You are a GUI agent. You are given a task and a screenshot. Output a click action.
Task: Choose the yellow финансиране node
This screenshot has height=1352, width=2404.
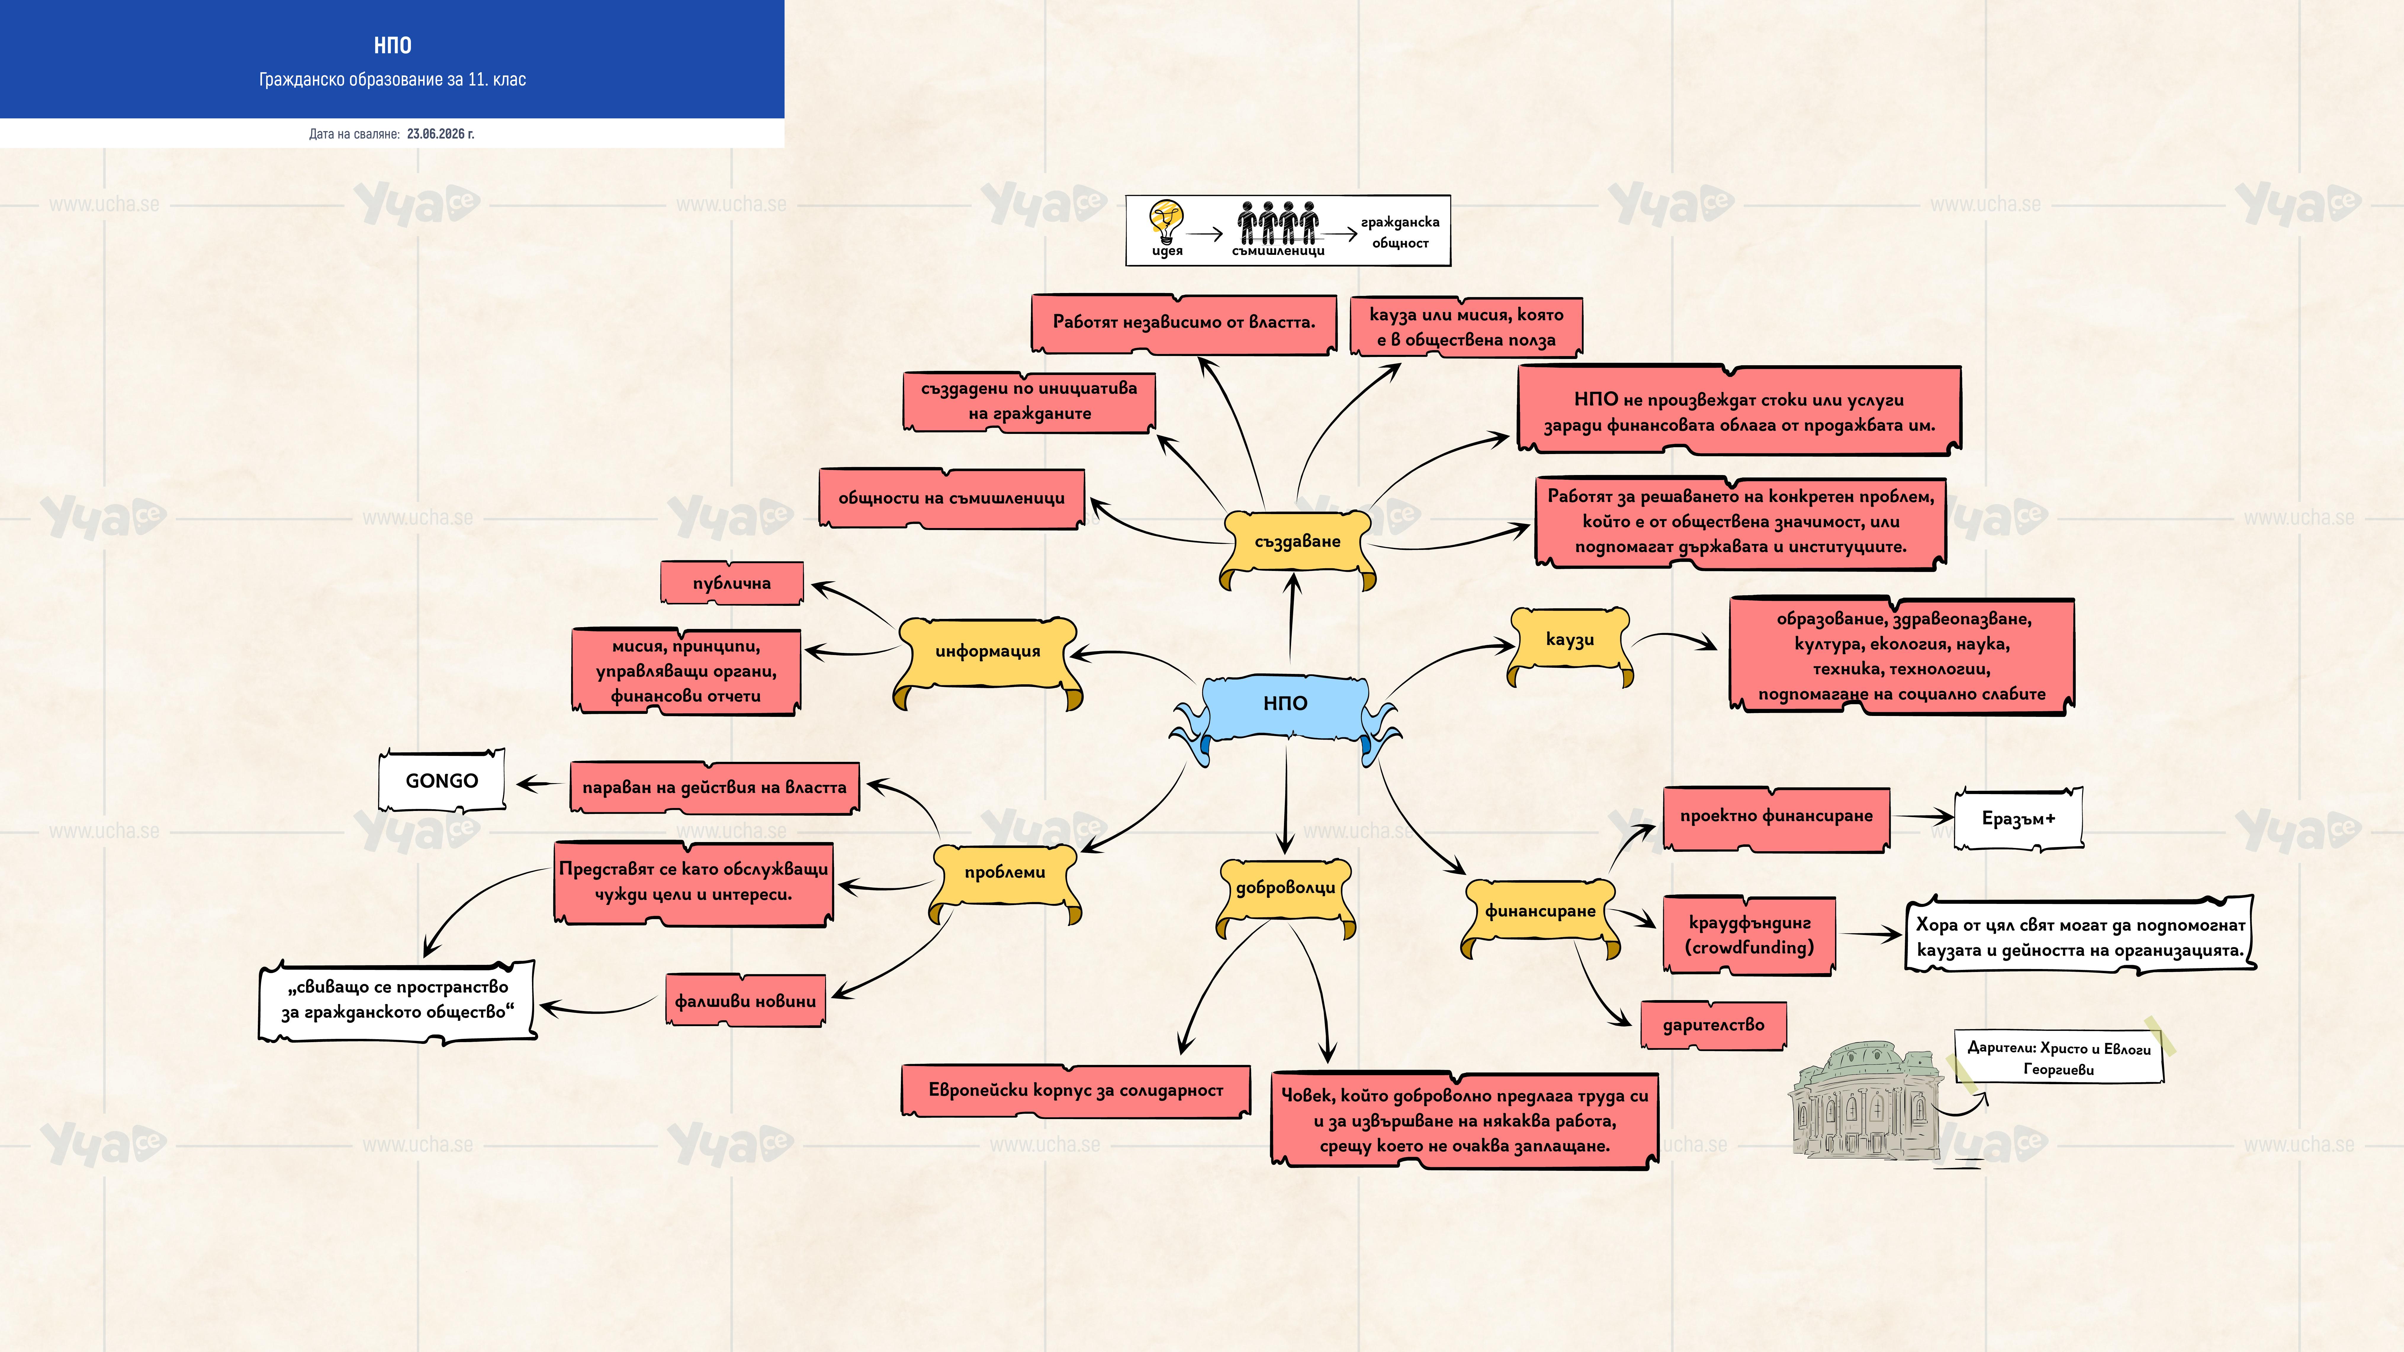(x=1540, y=916)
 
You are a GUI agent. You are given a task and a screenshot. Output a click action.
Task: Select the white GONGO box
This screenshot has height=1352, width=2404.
(x=441, y=780)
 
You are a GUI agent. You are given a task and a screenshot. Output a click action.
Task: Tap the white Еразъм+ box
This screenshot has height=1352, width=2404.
(x=2019, y=818)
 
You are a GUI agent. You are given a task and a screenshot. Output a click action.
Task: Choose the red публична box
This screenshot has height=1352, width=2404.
(x=732, y=583)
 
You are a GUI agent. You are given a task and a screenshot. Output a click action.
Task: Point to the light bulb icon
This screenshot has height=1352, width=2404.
(x=1166, y=222)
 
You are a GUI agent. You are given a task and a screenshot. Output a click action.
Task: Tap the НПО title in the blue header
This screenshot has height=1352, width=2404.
(x=392, y=45)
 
